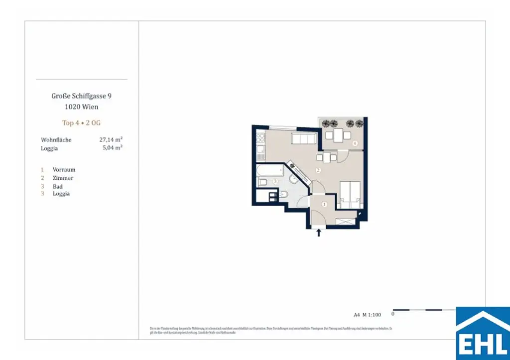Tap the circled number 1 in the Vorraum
[324, 204]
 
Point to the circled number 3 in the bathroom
[275, 182]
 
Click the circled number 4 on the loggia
[355, 143]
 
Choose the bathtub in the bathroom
[269, 172]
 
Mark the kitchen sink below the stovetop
[260, 149]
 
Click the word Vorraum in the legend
[64, 170]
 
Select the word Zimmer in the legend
[63, 178]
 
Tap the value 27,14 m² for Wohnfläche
[111, 140]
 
